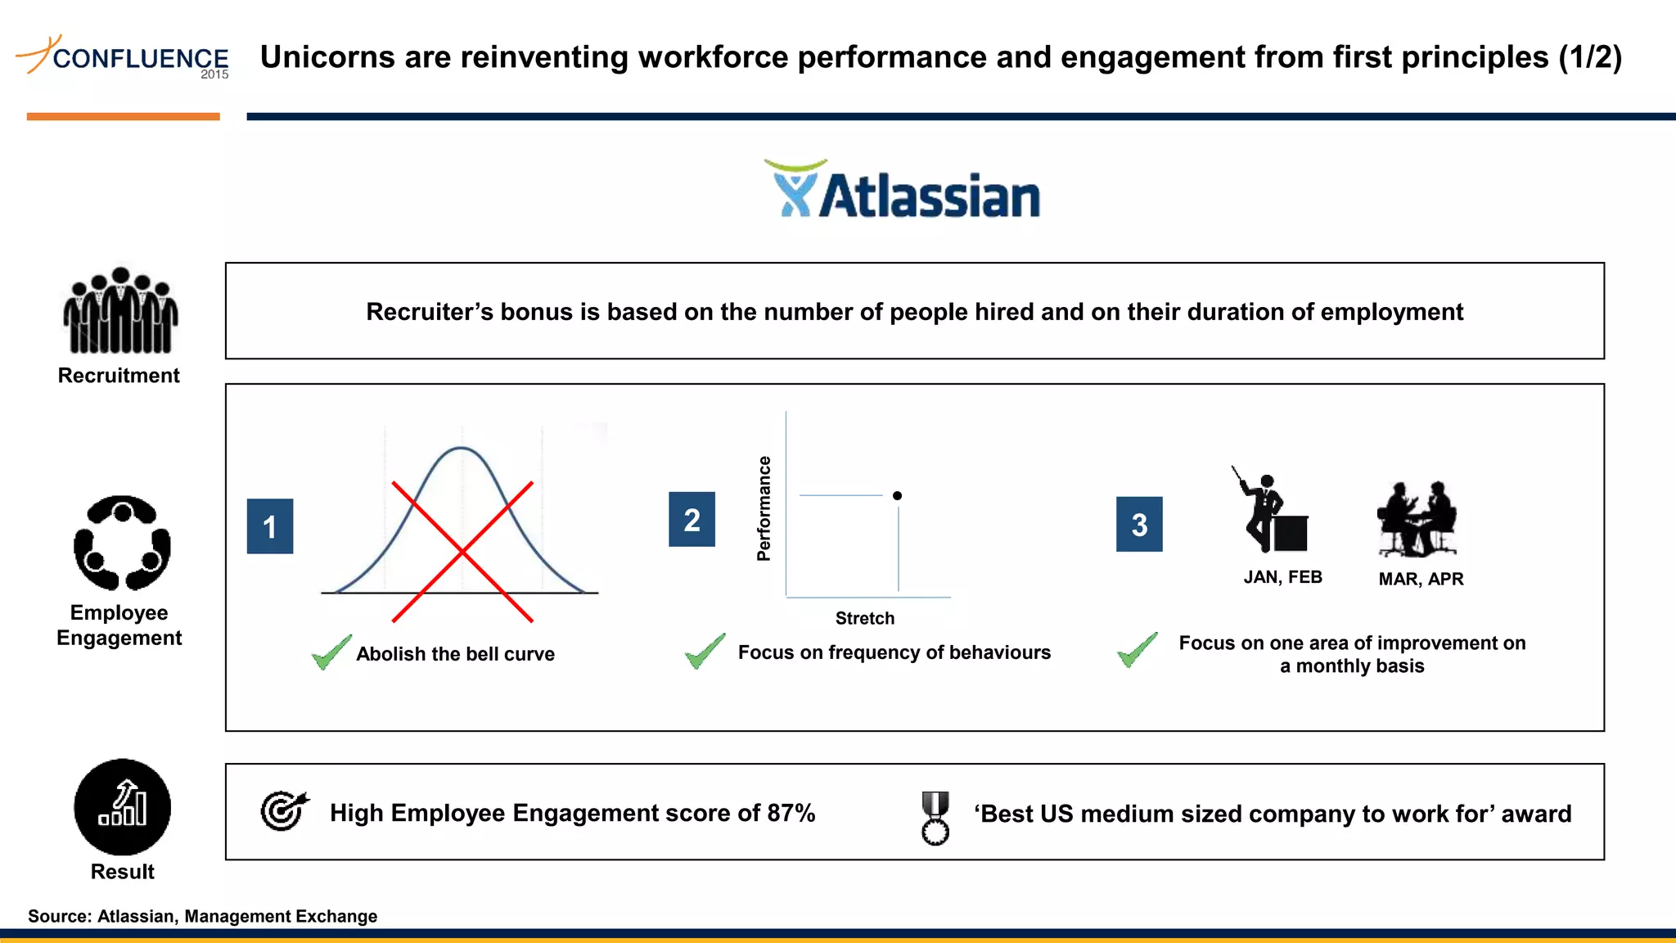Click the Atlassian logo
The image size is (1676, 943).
(x=902, y=191)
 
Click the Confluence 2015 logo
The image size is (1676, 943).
(x=123, y=56)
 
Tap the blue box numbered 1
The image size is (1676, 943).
(x=270, y=526)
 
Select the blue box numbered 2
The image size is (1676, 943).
(x=692, y=519)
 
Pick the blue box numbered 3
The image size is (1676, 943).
(x=1139, y=524)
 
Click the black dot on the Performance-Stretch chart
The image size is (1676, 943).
(x=897, y=495)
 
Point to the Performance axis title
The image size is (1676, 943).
(x=764, y=508)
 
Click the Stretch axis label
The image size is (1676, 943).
(x=865, y=618)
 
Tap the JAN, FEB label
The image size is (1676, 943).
(x=1282, y=577)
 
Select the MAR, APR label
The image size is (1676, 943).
(x=1421, y=579)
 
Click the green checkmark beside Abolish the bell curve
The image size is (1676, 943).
(x=331, y=652)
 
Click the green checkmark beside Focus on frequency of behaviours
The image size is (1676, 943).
(x=705, y=651)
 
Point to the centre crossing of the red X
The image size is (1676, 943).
(x=462, y=553)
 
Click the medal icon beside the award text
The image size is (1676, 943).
(x=935, y=817)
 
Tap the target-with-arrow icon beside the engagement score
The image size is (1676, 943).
(x=283, y=810)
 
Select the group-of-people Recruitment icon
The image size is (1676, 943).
(x=120, y=311)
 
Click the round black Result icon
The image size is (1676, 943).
(x=123, y=807)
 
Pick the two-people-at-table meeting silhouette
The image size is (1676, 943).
(x=1417, y=520)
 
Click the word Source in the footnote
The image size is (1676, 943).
(x=59, y=916)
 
